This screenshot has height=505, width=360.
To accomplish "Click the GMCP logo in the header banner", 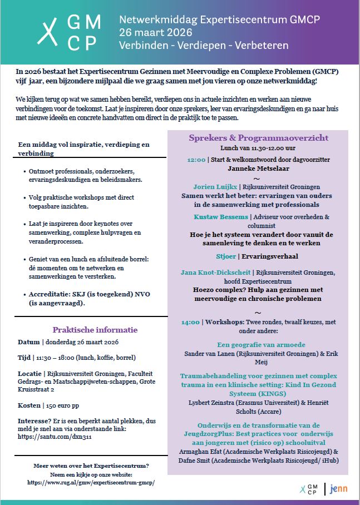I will click(x=69, y=30).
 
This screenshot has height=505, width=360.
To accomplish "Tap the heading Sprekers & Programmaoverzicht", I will click(x=258, y=138).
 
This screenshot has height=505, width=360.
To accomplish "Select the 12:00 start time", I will click(x=196, y=159).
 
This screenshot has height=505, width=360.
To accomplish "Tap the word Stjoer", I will click(x=225, y=256).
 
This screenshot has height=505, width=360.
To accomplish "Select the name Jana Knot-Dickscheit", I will click(x=215, y=273).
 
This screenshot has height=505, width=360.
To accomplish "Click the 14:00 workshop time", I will click(x=190, y=321).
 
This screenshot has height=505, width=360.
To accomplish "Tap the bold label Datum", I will click(x=28, y=342).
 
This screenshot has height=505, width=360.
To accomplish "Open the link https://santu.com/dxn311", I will click(x=47, y=438).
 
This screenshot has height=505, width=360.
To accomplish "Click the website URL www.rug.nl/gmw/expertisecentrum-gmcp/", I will click(x=91, y=483).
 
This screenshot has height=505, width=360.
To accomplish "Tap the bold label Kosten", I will click(x=29, y=405).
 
